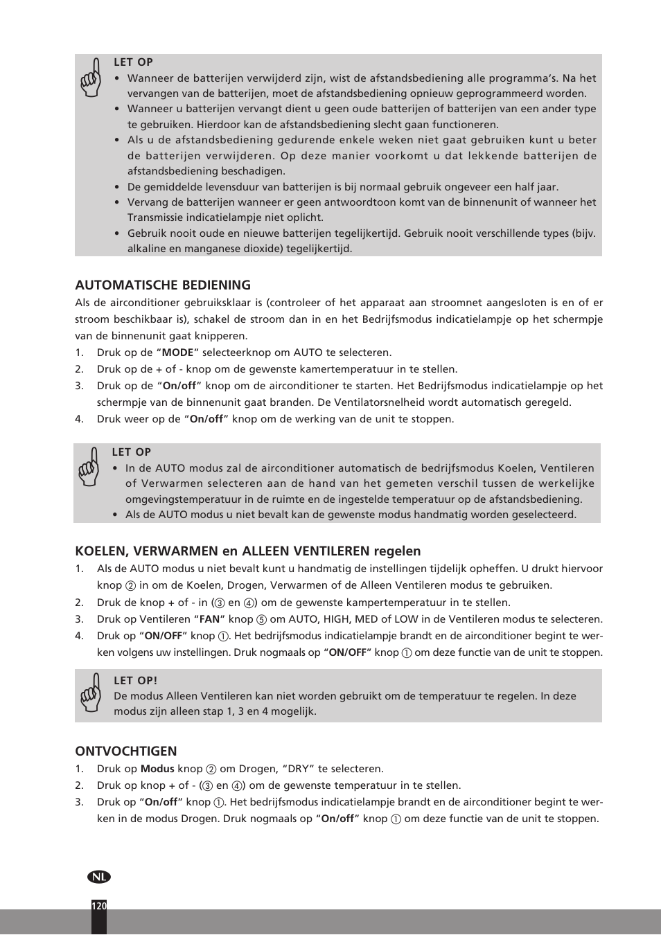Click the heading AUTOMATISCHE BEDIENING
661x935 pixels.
[163, 285]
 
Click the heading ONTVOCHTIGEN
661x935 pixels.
[126, 751]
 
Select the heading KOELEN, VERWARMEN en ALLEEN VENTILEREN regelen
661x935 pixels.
[248, 551]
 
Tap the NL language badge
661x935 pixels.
[99, 877]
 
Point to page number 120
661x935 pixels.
[99, 906]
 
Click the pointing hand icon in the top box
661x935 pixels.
[91, 78]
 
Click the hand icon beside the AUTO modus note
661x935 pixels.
[89, 467]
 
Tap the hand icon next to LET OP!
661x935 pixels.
[91, 693]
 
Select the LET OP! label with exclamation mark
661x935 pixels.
[135, 681]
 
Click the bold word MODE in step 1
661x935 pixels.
[177, 353]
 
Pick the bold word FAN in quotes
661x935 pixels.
[209, 619]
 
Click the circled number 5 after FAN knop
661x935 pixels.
[261, 620]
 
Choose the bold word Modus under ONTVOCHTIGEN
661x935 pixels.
[157, 769]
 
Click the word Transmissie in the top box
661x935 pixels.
[156, 217]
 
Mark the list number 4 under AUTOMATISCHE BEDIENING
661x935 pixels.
[79, 419]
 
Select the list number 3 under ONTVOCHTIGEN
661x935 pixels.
[79, 802]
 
